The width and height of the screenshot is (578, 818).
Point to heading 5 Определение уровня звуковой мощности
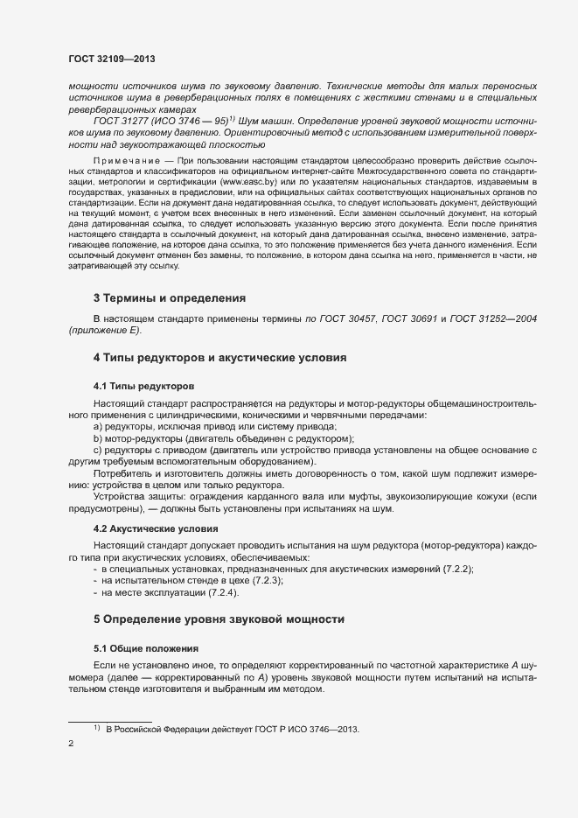click(x=217, y=619)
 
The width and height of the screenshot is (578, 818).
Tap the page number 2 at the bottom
click(x=71, y=745)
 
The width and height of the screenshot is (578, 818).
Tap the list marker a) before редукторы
click(x=98, y=425)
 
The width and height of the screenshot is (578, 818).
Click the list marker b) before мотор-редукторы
click(x=98, y=437)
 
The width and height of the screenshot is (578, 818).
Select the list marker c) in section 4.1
click(x=98, y=450)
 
